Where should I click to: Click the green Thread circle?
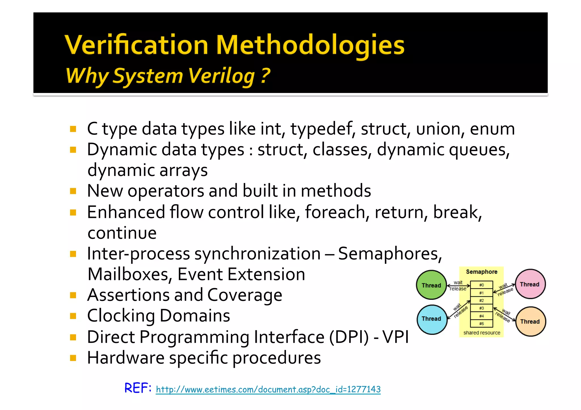click(x=431, y=285)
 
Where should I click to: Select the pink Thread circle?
click(x=530, y=284)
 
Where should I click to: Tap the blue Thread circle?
click(x=432, y=319)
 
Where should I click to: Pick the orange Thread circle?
click(x=530, y=321)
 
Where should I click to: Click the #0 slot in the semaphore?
click(x=481, y=285)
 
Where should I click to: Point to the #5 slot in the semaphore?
click(x=481, y=324)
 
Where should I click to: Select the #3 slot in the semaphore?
click(x=481, y=308)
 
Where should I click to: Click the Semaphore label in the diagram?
click(x=481, y=272)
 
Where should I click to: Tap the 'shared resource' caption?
click(x=482, y=333)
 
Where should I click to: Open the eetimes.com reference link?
click(x=268, y=389)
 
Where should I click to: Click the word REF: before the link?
click(x=138, y=388)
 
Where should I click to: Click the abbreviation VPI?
click(x=395, y=337)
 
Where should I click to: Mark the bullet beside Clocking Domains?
click(x=73, y=316)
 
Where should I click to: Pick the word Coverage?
click(x=245, y=295)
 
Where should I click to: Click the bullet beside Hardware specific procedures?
click(x=73, y=358)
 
